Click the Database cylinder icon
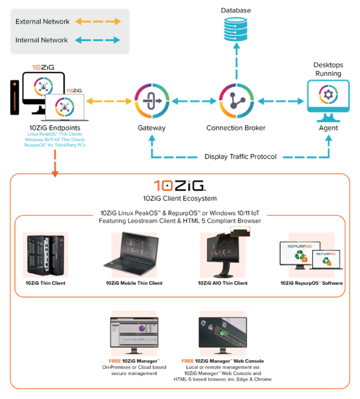tap(236, 28)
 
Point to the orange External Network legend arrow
tap(98, 22)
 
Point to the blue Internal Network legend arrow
tap(98, 40)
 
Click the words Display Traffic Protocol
tap(241, 157)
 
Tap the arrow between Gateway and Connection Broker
tap(193, 101)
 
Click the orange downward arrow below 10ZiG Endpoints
tap(54, 164)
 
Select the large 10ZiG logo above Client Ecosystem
tap(179, 185)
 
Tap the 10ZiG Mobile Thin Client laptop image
tap(134, 255)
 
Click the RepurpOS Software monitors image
tap(311, 255)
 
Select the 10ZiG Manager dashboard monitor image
tap(134, 332)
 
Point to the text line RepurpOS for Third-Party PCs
tap(54, 145)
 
